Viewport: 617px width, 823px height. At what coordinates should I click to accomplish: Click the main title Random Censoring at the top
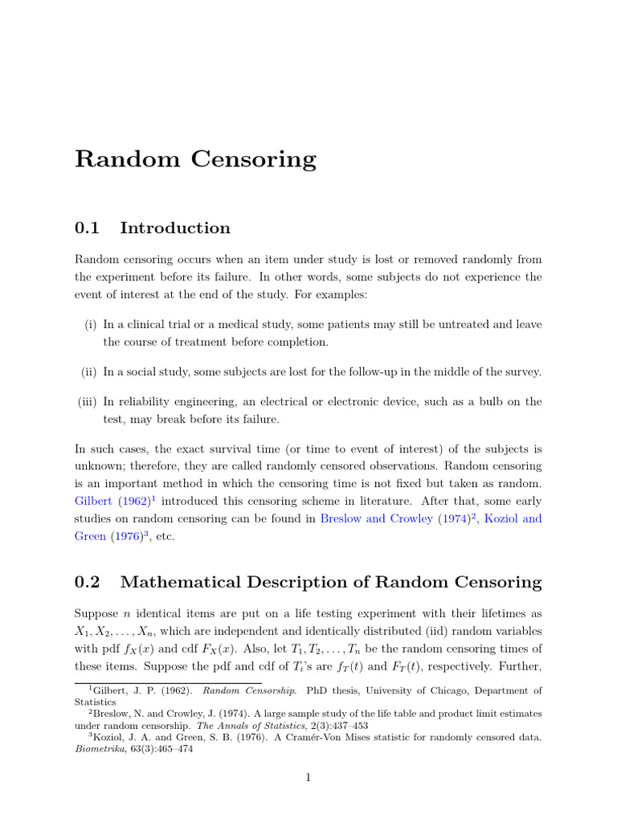pyautogui.click(x=195, y=159)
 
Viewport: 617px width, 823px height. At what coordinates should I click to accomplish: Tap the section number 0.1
pyautogui.click(x=87, y=228)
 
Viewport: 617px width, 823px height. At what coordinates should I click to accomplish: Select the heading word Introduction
pyautogui.click(x=174, y=228)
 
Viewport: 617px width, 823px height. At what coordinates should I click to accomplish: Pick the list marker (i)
pyautogui.click(x=90, y=324)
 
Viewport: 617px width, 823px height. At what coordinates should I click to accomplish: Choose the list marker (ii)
pyautogui.click(x=88, y=371)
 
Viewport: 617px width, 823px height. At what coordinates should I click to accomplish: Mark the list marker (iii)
pyautogui.click(x=87, y=401)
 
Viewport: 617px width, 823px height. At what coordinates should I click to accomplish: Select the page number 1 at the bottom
pyautogui.click(x=308, y=777)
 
